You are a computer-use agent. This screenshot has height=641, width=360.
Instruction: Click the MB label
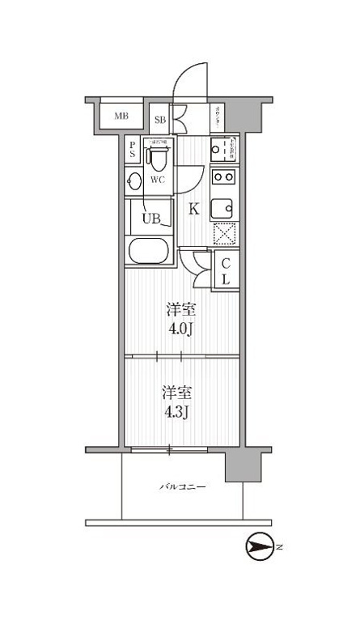pos(121,117)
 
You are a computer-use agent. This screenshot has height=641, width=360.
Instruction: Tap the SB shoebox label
pos(160,120)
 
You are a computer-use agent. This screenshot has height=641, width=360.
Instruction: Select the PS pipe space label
pos(133,150)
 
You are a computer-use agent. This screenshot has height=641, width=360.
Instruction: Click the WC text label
pos(158,180)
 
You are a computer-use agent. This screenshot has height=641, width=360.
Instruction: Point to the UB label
pos(151,218)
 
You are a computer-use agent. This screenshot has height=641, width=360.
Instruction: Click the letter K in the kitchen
pos(194,209)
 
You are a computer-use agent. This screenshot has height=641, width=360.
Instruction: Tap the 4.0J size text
pos(180,329)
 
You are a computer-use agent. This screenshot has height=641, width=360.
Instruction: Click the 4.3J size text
pos(177,413)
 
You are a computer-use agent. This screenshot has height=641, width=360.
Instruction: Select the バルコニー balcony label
pos(181,487)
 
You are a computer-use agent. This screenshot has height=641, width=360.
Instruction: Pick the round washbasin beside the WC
pos(134,180)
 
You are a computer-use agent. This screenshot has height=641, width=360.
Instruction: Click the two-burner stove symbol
pos(223,177)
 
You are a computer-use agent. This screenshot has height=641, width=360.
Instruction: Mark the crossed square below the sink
pos(223,234)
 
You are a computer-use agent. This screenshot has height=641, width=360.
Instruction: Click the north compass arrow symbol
pos(259,548)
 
